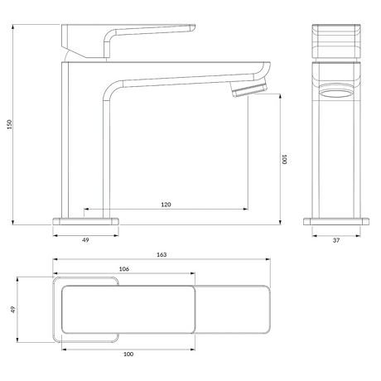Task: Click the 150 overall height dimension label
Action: coord(10,124)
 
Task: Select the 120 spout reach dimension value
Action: coord(166,205)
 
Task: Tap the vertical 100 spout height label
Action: coord(284,159)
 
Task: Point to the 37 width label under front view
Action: coord(336,240)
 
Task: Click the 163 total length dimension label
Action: coord(162,254)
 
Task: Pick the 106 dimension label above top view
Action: coord(124,269)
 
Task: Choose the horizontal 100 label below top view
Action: coord(128,354)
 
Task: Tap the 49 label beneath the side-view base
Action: coord(85,240)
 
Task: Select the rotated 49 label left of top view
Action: coord(13,310)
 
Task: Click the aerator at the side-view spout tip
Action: coord(249,89)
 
